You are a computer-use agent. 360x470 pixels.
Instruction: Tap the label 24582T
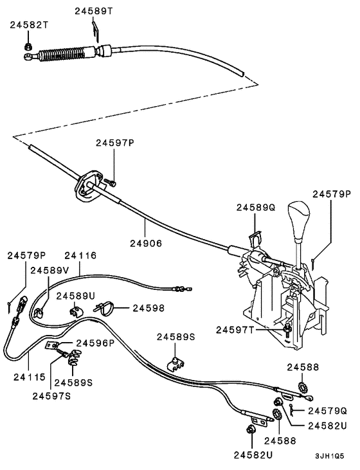click(28, 25)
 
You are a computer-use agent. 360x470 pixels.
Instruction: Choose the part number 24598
click(149, 308)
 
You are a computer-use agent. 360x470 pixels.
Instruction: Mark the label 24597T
click(235, 329)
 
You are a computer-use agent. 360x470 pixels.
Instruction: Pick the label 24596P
click(95, 343)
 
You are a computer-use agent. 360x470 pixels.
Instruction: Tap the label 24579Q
click(327, 410)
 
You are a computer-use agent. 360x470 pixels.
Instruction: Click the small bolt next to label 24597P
click(112, 183)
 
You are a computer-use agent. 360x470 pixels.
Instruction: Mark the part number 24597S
click(51, 395)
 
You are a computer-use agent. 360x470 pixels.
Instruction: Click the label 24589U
click(75, 295)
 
